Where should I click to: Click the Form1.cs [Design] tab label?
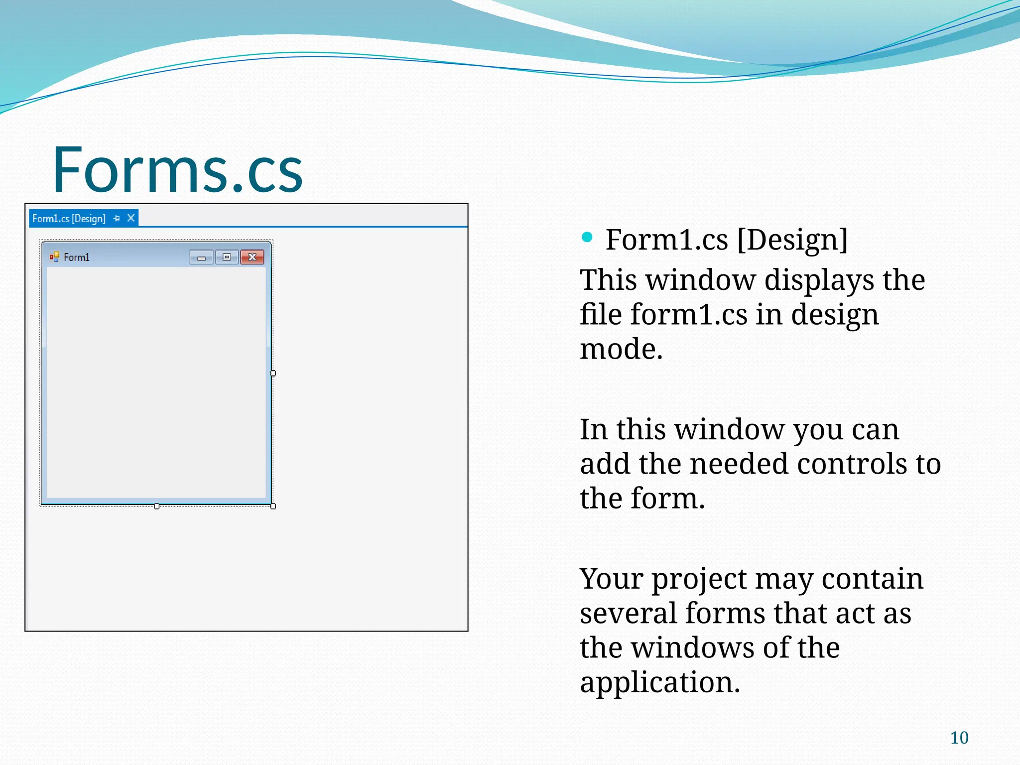pos(69,219)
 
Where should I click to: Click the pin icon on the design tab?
pos(117,219)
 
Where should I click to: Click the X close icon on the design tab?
pos(131,218)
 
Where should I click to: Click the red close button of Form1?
pos(252,257)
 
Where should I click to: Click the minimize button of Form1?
pos(201,257)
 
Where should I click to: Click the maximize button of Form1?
pos(227,257)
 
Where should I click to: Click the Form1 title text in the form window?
pos(77,257)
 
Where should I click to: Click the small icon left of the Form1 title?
pos(54,257)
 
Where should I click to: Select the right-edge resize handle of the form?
pos(273,373)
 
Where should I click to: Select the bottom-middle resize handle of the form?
pos(157,506)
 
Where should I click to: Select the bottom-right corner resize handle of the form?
pos(273,506)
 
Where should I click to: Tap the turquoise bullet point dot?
pos(587,237)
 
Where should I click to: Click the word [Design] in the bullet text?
pos(792,240)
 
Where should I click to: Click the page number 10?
pos(959,738)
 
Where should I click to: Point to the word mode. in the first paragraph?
pos(621,349)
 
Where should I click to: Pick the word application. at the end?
pos(660,682)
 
